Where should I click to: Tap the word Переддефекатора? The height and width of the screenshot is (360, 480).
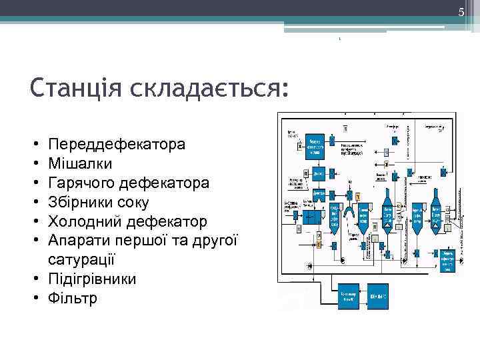tap(117, 144)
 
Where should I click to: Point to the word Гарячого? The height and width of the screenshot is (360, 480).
tap(81, 183)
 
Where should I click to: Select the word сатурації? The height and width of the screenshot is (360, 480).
tap(81, 259)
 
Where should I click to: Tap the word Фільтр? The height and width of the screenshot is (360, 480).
tap(73, 298)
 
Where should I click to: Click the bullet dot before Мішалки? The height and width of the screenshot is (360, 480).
tap(34, 164)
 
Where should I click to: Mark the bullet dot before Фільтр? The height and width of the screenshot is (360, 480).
tap(34, 299)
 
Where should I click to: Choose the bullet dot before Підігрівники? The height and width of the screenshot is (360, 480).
tap(34, 279)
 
